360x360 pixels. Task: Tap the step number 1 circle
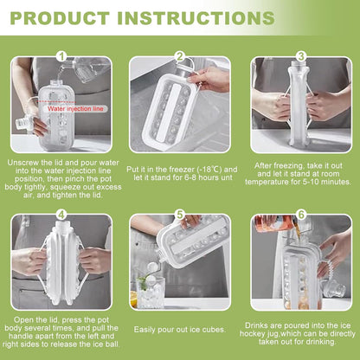[61, 56]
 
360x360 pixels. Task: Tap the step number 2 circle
[180, 56]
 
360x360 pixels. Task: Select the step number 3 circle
[300, 56]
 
